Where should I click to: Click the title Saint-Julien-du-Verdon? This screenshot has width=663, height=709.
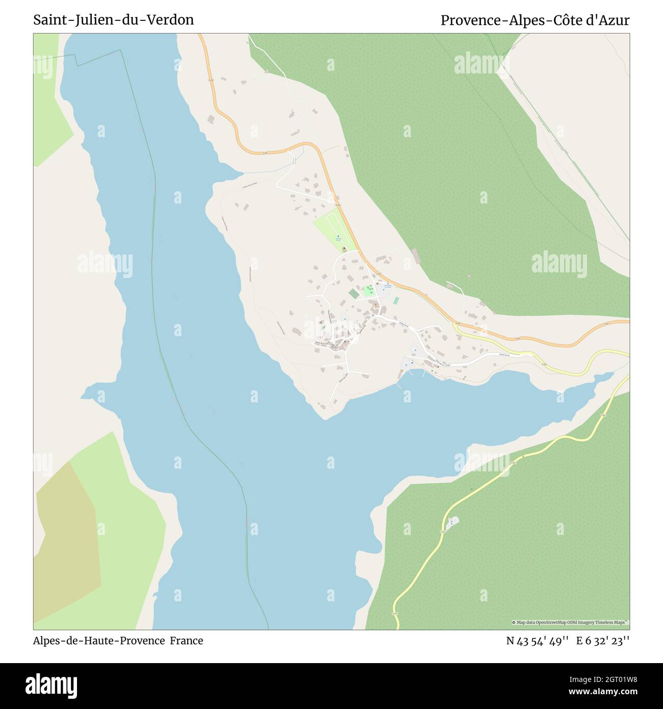point(113,20)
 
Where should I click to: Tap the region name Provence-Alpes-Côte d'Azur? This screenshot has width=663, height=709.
point(534,20)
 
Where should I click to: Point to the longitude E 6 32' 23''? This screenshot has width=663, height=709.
point(603,641)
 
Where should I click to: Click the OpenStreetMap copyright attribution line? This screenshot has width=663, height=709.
point(570,622)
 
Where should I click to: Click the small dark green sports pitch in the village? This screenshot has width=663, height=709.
point(354,294)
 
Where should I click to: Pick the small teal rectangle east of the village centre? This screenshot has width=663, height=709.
point(396,300)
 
